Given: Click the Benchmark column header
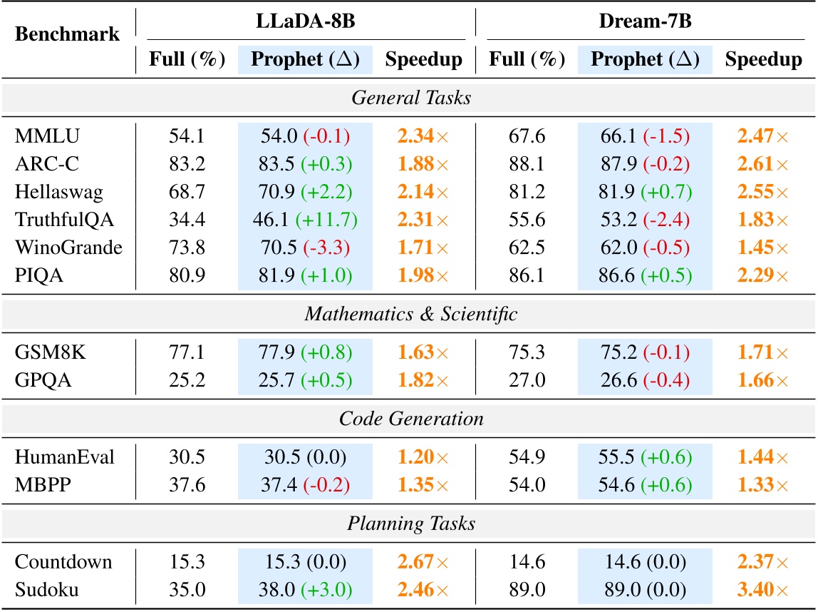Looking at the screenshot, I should pyautogui.click(x=68, y=34).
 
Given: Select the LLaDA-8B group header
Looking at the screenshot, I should pyautogui.click(x=306, y=21).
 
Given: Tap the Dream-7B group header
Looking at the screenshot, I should pyautogui.click(x=646, y=21).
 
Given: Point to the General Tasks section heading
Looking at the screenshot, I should pyautogui.click(x=411, y=98).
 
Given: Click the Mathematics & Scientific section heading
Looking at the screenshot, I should pyautogui.click(x=411, y=314).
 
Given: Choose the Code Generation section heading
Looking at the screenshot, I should pyautogui.click(x=411, y=419).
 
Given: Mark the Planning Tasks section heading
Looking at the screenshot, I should pyautogui.click(x=411, y=524).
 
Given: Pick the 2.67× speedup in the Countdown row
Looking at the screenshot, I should pyautogui.click(x=423, y=561).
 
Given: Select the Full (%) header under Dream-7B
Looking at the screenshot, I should pyautogui.click(x=527, y=60).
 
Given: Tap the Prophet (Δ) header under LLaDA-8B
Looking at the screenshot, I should pyautogui.click(x=306, y=60).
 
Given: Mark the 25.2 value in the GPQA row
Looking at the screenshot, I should pyautogui.click(x=187, y=379).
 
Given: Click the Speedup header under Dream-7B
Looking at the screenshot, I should pyautogui.click(x=763, y=60).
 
